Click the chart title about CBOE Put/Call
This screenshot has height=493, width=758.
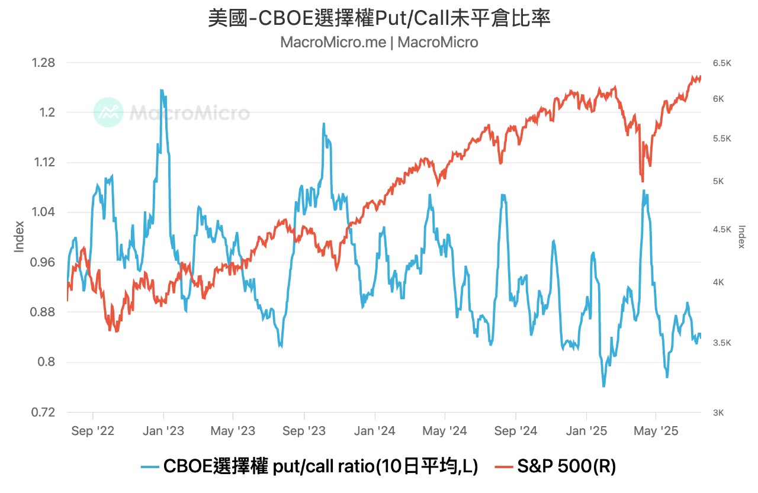[379, 18]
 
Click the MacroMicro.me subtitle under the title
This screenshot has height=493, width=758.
[379, 43]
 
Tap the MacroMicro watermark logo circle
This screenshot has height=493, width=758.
[108, 112]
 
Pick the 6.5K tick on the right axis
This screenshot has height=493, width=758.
[722, 63]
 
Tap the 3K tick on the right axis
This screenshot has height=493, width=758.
[718, 413]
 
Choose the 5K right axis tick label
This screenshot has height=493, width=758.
[718, 181]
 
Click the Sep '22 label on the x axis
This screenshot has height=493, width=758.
[94, 431]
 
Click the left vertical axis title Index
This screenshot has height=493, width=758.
[19, 237]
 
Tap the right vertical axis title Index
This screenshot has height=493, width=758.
[741, 237]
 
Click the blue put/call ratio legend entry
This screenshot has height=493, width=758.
[309, 467]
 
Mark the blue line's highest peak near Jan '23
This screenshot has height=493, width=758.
[161, 90]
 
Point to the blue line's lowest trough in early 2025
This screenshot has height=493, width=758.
[603, 386]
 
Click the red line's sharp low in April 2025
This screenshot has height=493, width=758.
[643, 181]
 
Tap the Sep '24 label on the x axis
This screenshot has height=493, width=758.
[515, 431]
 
